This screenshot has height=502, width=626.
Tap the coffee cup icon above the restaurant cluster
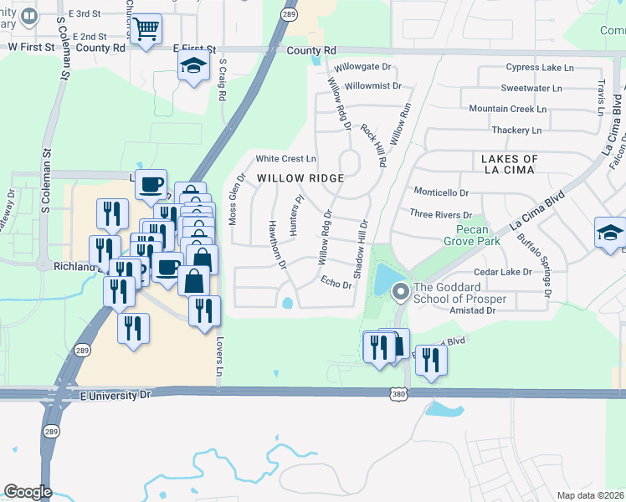[x=151, y=185]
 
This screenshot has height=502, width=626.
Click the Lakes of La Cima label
[x=510, y=166]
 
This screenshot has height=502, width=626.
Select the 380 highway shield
[x=398, y=393]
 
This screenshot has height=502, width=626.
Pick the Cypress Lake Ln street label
[x=540, y=67]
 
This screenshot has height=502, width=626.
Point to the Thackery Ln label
[x=516, y=130]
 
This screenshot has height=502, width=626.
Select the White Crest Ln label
[x=286, y=158]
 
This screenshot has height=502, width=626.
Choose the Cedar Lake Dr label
[x=503, y=272]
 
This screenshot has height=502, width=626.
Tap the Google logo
[x=28, y=492]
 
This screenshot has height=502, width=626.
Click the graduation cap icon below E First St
[x=194, y=66]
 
